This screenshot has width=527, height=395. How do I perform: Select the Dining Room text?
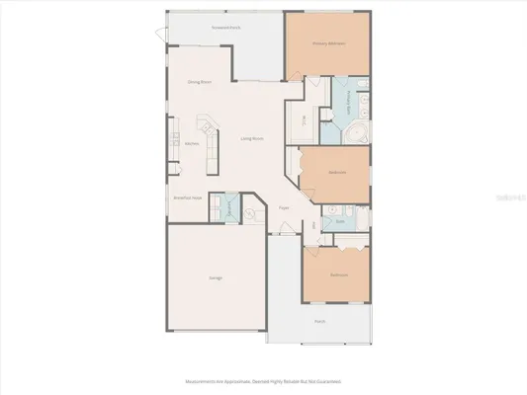(x=201, y=82)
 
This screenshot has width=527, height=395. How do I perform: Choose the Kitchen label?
(x=192, y=143)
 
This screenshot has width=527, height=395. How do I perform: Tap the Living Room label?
(x=252, y=138)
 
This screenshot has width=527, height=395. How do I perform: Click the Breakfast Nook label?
(x=188, y=197)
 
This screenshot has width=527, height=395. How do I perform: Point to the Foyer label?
(x=284, y=207)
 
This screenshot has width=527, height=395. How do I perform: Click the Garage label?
(x=215, y=277)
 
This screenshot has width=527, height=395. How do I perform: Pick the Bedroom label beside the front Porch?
(x=338, y=274)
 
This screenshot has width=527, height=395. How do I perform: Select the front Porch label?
(x=319, y=321)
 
